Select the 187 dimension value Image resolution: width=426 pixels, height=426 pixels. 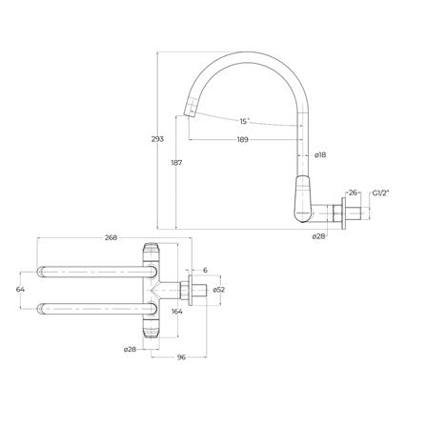click(177, 163)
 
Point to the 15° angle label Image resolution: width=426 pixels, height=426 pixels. click(246, 121)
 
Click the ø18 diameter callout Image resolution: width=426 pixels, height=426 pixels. click(321, 154)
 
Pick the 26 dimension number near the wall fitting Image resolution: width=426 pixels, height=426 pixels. click(353, 193)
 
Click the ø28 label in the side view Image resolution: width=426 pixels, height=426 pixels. click(319, 234)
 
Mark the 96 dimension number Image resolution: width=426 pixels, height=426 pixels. click(181, 359)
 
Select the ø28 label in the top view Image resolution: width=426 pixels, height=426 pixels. click(130, 350)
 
